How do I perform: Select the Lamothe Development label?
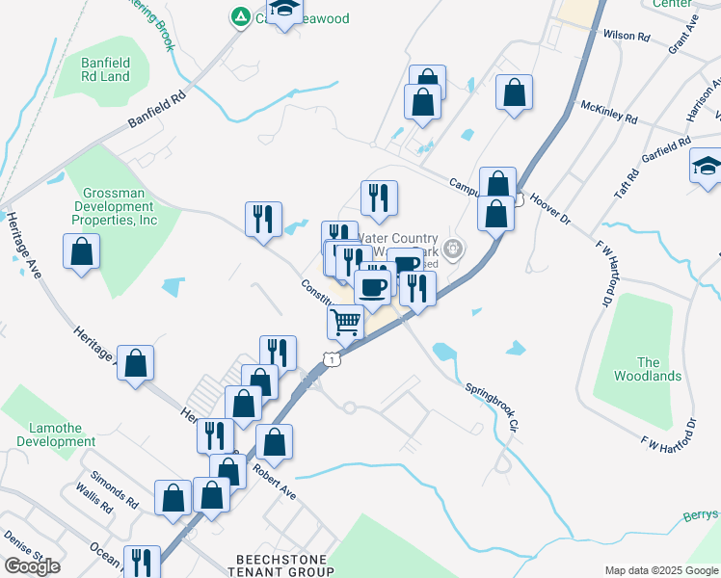[56, 434]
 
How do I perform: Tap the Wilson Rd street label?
[627, 36]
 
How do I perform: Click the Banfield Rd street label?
[156, 111]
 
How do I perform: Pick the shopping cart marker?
[346, 322]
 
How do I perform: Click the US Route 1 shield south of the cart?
[332, 359]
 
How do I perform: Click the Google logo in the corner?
[32, 566]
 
